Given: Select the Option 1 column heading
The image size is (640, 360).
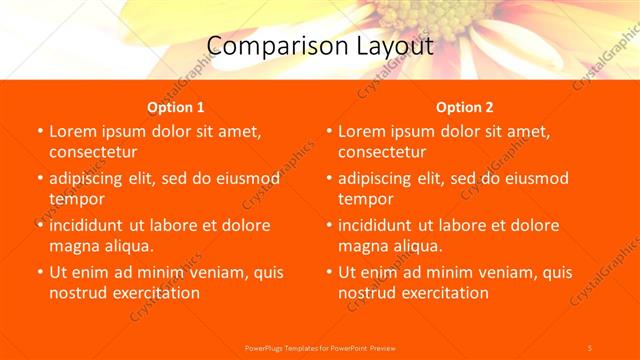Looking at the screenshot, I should click(x=176, y=107).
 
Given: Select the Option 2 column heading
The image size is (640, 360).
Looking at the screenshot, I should click(x=465, y=107).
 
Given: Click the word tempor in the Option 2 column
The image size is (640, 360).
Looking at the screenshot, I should click(x=365, y=199).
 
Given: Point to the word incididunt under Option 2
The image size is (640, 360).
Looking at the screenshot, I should click(x=382, y=225).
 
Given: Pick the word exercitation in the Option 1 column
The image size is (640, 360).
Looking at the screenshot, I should click(x=154, y=293).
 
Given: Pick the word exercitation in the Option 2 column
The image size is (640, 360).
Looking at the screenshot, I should click(x=443, y=293).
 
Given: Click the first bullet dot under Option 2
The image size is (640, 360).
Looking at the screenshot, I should click(x=329, y=131).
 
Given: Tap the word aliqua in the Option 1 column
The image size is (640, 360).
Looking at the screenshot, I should click(x=127, y=246).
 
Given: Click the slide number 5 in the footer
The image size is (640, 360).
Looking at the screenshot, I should click(x=590, y=347).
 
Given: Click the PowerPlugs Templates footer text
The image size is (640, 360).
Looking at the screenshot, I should click(x=320, y=347).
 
